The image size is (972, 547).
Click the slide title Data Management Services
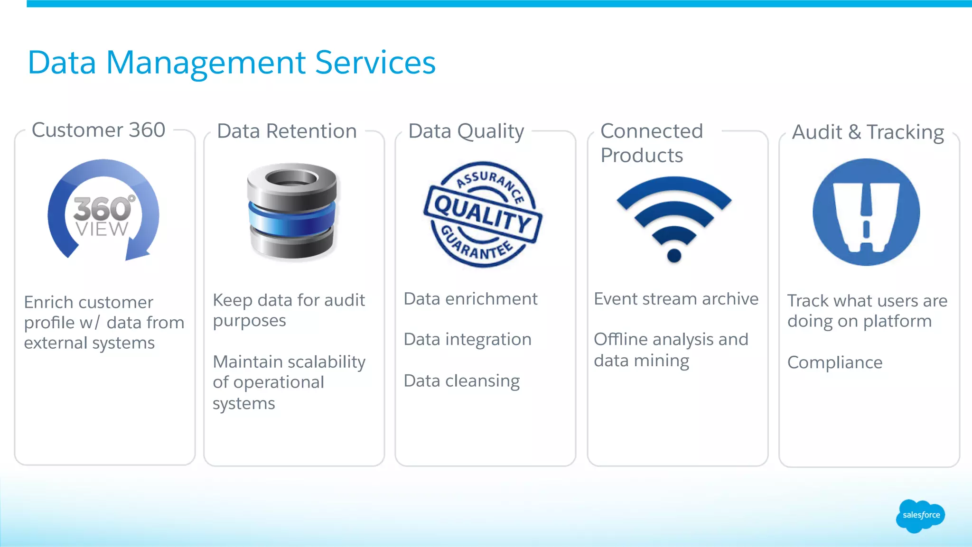(x=232, y=63)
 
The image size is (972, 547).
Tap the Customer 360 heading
(x=98, y=130)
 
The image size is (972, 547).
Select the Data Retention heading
(x=287, y=131)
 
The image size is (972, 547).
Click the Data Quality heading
(x=466, y=131)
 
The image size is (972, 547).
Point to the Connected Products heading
(x=651, y=143)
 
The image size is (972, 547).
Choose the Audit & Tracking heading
(x=868, y=132)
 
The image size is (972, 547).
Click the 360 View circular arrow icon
(x=103, y=211)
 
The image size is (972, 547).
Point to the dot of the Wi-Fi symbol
(x=674, y=256)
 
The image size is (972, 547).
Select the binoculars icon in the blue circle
(x=866, y=213)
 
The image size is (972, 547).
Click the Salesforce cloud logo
(x=920, y=515)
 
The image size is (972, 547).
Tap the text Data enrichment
(x=470, y=299)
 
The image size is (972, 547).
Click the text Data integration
(x=467, y=340)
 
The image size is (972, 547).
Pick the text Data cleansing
(x=462, y=381)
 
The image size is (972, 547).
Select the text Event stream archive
(x=676, y=299)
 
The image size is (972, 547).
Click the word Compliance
(x=835, y=362)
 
